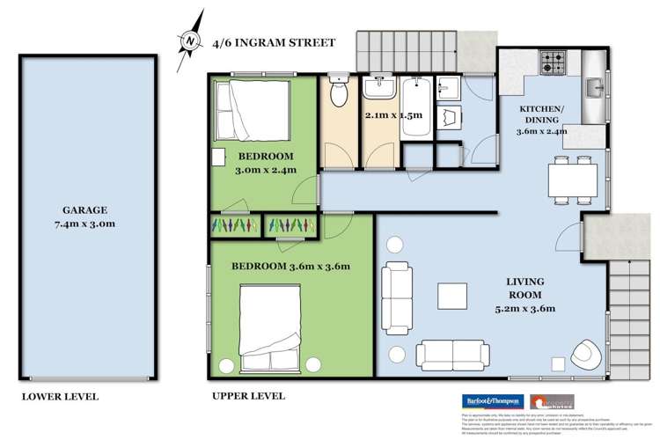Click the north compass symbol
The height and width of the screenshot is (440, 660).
click(x=187, y=40)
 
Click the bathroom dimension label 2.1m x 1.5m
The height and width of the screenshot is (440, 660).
click(x=393, y=115)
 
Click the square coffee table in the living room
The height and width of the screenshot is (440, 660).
click(x=454, y=295)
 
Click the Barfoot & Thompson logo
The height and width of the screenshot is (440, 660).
click(x=493, y=400)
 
